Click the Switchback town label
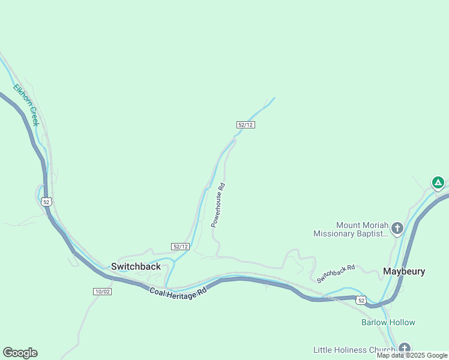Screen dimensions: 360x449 click(x=136, y=266)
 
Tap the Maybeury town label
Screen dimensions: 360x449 click(x=404, y=271)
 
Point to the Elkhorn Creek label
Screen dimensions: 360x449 click(x=26, y=104)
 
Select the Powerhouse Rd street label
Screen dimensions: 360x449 click(x=217, y=205)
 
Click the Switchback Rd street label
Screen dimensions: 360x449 click(x=336, y=274)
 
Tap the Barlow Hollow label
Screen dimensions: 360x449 click(x=388, y=322)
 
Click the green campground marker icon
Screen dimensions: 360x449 click(x=438, y=182)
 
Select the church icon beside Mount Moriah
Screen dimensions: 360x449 click(x=397, y=228)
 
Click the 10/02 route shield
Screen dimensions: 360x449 click(x=102, y=292)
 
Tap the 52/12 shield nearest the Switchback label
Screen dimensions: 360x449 click(x=180, y=247)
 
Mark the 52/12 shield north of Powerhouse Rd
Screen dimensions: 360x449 click(x=246, y=125)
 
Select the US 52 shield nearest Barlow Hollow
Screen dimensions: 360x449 click(x=360, y=300)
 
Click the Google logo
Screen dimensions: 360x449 click(x=20, y=353)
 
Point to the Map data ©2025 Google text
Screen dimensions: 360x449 click(x=412, y=356)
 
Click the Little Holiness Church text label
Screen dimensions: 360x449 click(x=354, y=350)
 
